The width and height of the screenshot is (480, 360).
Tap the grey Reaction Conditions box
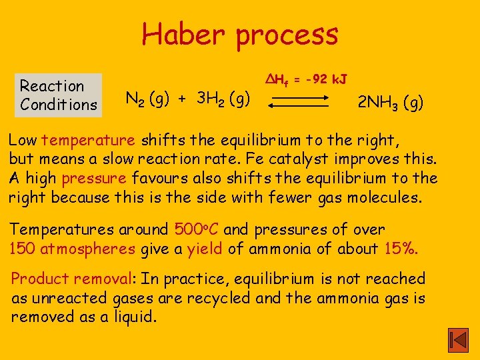coord(59,95)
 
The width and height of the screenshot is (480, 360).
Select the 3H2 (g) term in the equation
coord(223,100)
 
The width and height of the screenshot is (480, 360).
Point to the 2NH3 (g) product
coord(390,103)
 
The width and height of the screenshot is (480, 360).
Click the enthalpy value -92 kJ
coord(320,80)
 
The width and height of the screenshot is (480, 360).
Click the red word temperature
coord(88,140)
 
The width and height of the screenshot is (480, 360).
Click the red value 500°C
coord(197,229)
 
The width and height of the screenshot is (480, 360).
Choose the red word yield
coord(205,249)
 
